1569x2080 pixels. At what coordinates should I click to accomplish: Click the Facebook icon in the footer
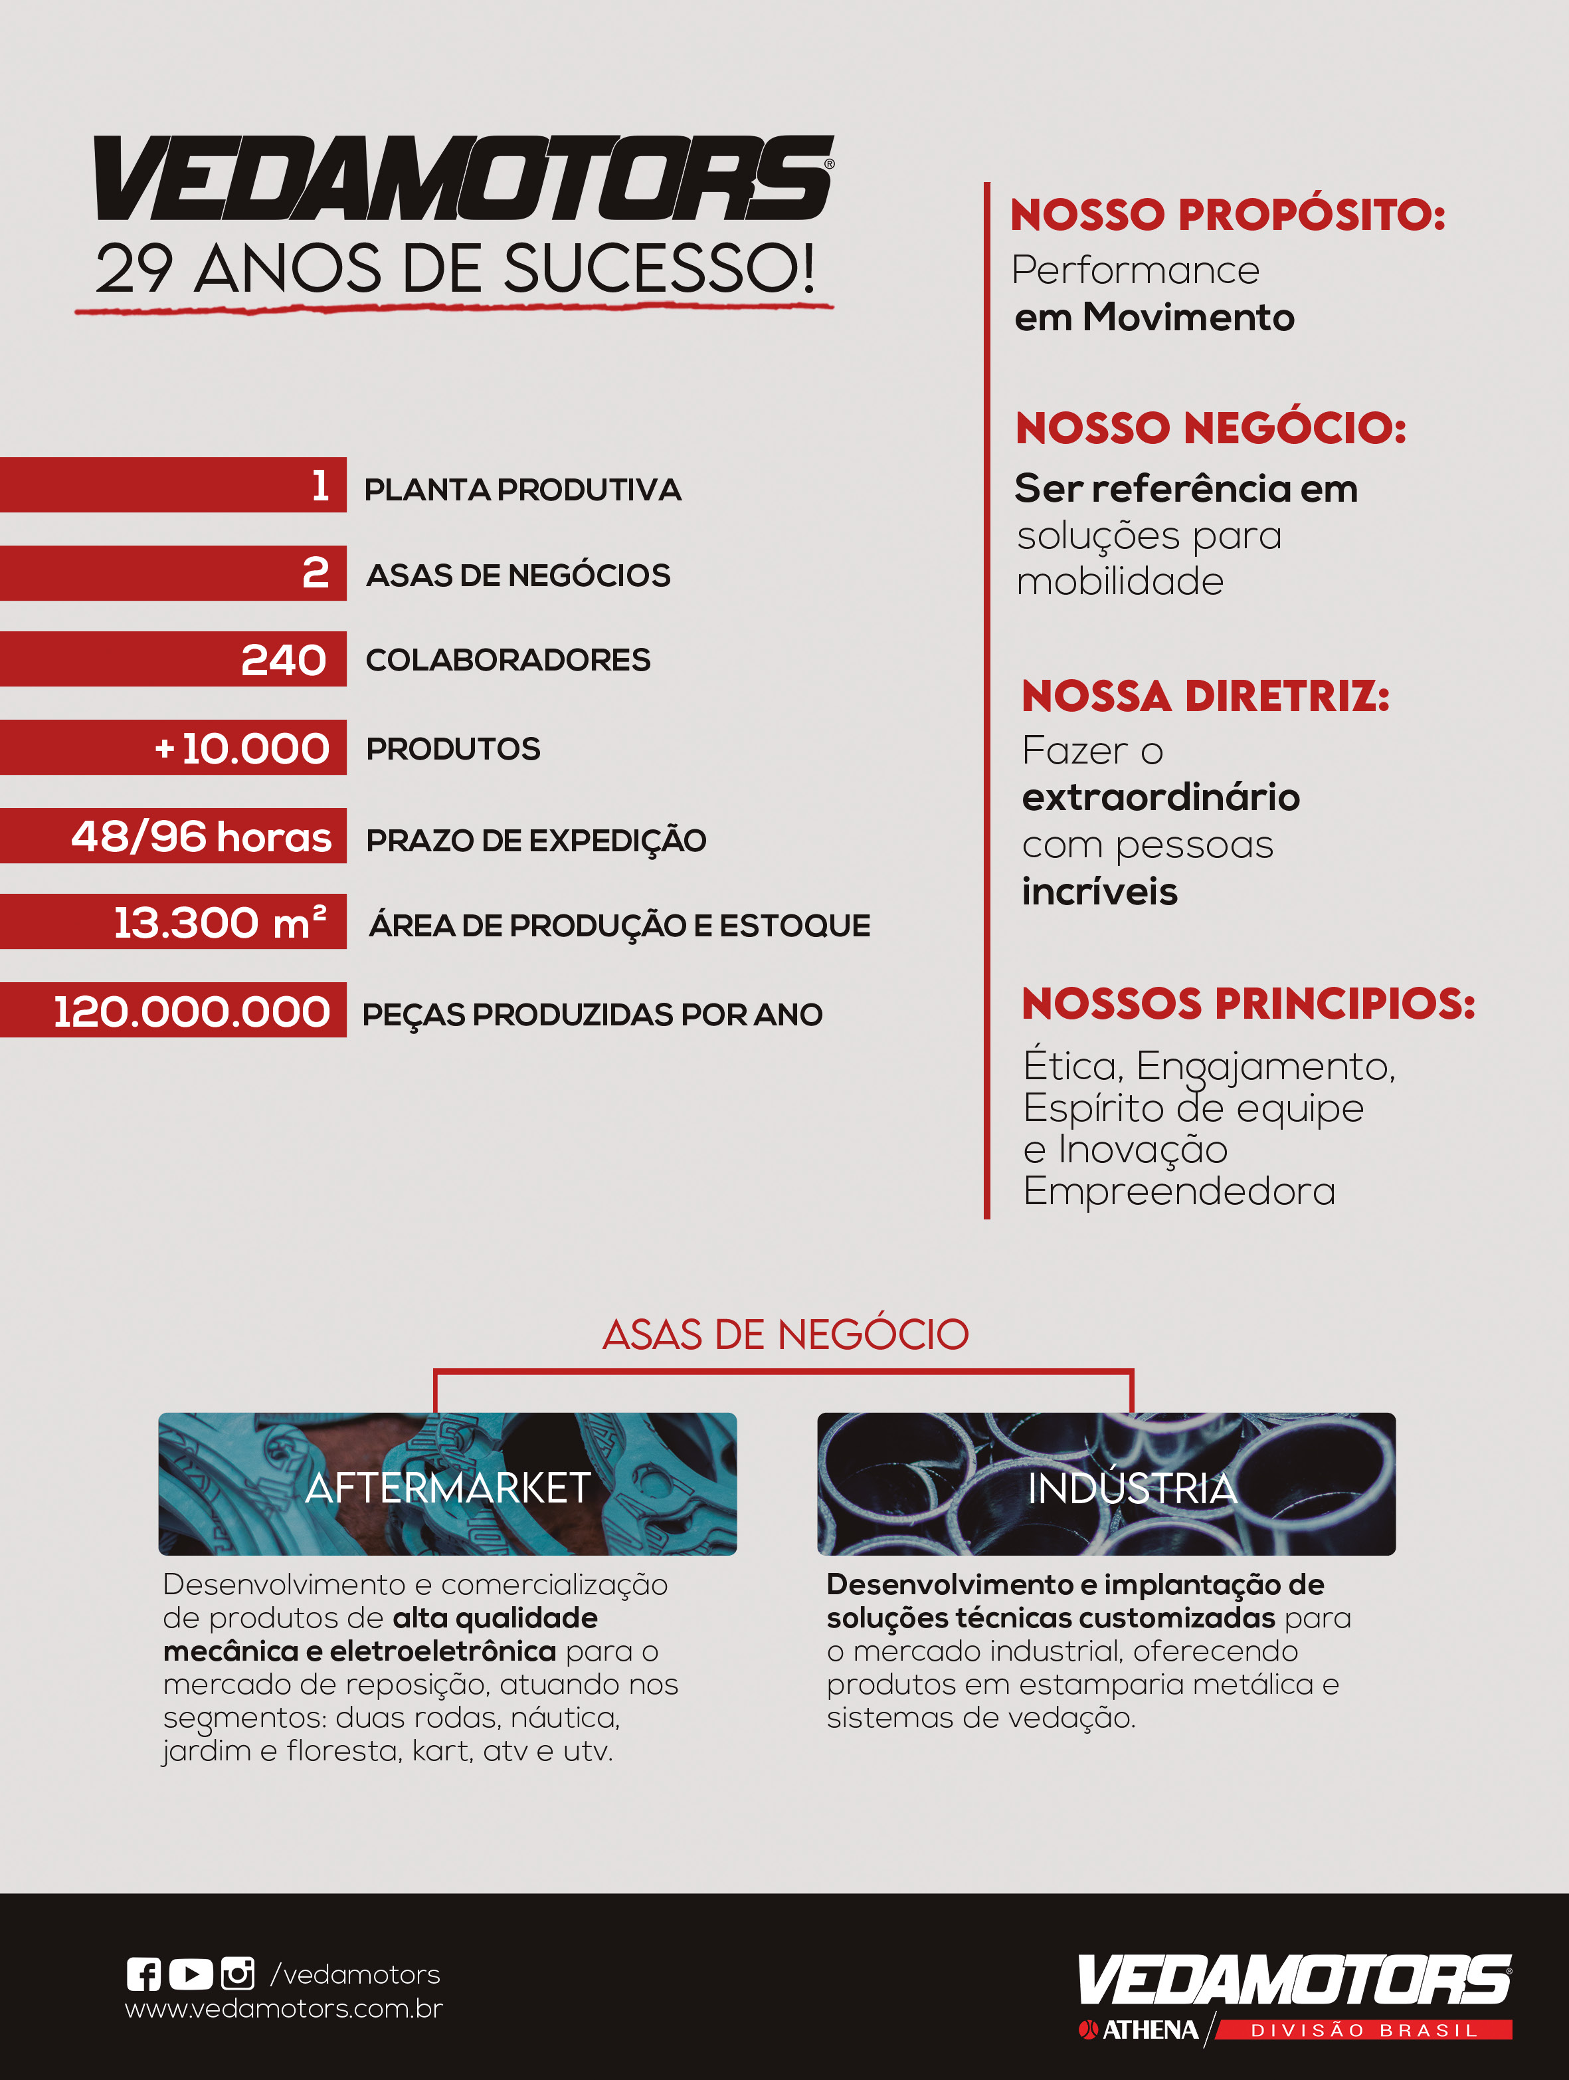click(143, 1974)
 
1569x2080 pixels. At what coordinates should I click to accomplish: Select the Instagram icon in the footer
click(238, 1973)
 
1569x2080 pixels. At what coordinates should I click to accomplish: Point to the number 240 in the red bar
click(283, 659)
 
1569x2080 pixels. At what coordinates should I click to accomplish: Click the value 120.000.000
click(192, 1012)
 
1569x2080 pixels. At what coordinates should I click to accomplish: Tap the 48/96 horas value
click(201, 836)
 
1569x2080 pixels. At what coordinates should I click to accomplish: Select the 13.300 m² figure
click(220, 922)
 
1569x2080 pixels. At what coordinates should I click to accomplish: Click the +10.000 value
click(242, 748)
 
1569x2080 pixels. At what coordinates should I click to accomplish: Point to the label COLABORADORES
click(508, 660)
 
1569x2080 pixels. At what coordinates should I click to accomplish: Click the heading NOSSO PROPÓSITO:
click(1228, 215)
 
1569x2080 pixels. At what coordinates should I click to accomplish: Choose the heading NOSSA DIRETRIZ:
click(1205, 697)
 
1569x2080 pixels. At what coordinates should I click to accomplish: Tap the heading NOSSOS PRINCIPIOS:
click(1248, 1003)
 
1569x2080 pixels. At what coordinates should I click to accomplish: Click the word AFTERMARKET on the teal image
click(448, 1488)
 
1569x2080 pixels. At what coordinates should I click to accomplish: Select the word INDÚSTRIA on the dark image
click(1132, 1489)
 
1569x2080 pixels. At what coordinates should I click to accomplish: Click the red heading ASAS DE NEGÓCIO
click(785, 1334)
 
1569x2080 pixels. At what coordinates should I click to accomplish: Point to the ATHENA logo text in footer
click(1149, 2030)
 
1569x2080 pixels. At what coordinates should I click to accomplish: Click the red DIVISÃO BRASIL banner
click(1364, 2030)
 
